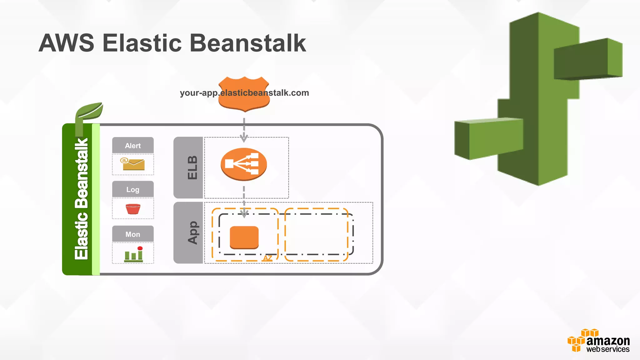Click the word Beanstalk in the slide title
pos(247,43)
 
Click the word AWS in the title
pos(66,43)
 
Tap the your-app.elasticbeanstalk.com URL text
pos(244,93)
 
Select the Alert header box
pos(133,145)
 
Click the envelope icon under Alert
pos(133,164)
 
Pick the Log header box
pos(133,189)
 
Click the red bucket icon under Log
pos(133,208)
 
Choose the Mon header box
pos(133,234)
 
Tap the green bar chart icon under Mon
pos(133,254)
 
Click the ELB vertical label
pos(192,167)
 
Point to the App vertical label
pos(192,232)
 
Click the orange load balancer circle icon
pos(244,164)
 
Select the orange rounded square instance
pos(244,237)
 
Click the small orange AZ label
pos(267,258)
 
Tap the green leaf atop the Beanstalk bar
pos(89,112)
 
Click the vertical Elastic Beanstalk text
pos(81,199)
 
